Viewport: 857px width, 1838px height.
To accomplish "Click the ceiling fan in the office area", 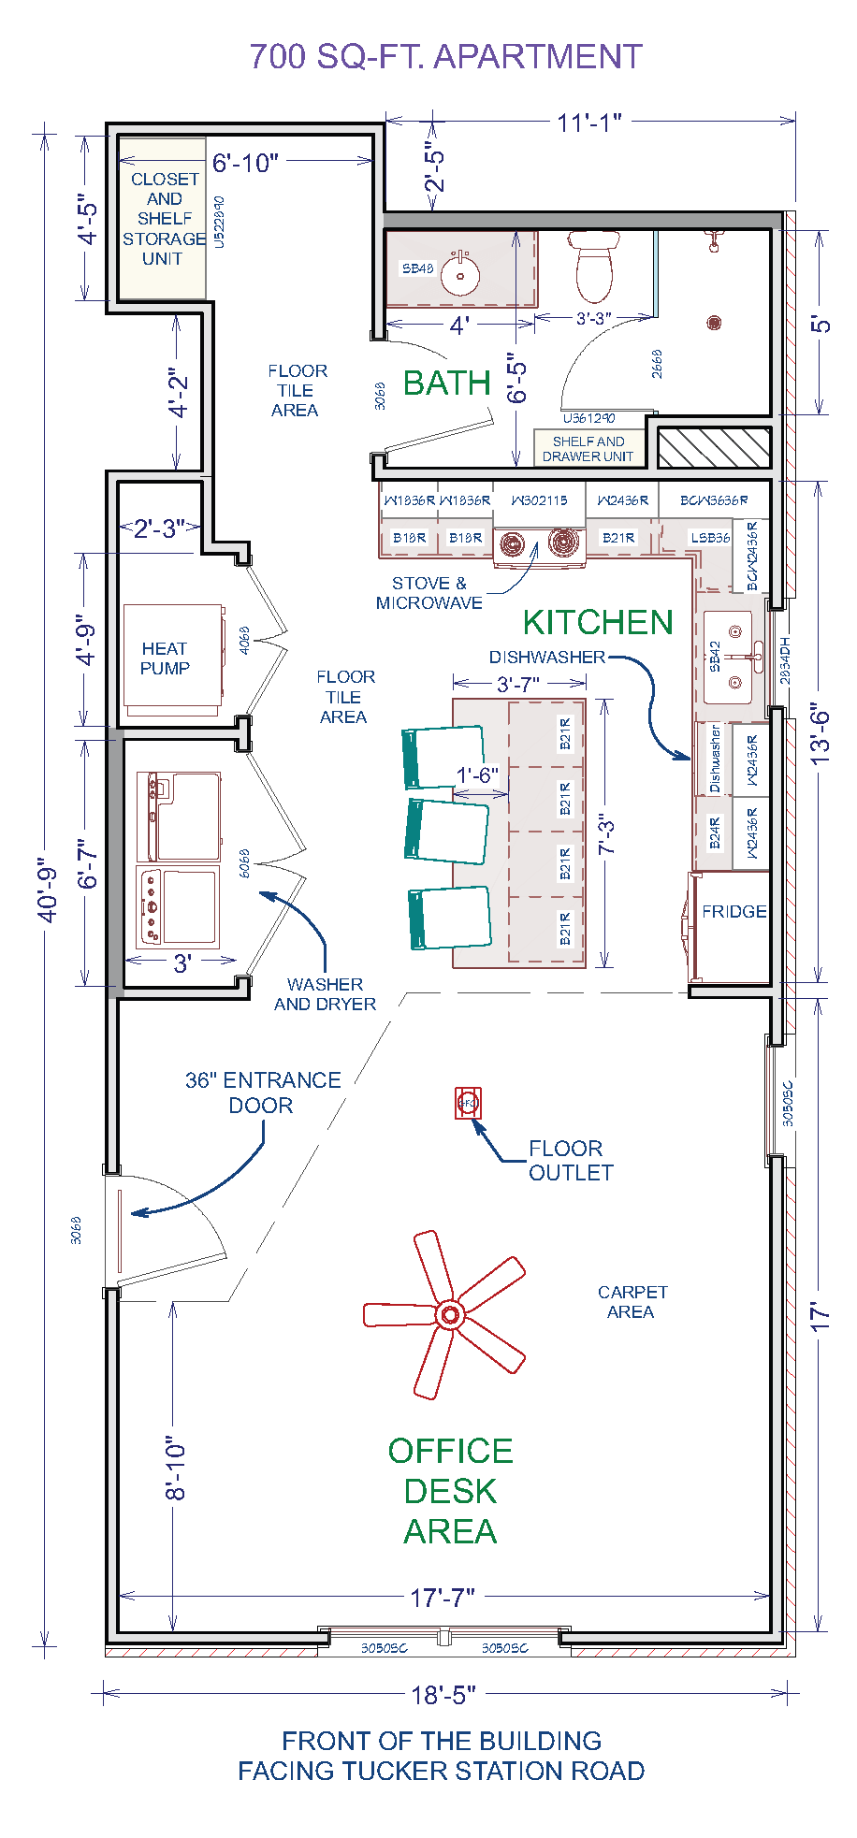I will (x=449, y=1314).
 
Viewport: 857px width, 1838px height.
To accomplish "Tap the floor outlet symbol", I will (x=468, y=1104).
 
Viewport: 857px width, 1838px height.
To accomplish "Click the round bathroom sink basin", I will (x=460, y=274).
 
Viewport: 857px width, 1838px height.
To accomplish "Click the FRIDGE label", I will (x=734, y=911).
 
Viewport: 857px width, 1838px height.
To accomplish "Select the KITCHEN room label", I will (x=598, y=622).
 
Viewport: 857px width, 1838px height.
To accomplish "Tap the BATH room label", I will (x=447, y=384).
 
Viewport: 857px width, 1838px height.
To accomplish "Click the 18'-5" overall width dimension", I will (x=443, y=1694).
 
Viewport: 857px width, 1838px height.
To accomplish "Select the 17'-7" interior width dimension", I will (x=443, y=1597).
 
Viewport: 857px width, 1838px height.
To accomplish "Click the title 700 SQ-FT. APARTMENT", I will (x=445, y=57).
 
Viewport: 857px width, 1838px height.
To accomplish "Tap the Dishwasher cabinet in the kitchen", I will (x=715, y=759).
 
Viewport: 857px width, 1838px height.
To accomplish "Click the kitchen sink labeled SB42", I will (x=729, y=658).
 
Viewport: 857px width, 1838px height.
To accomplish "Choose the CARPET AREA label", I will (x=632, y=1301).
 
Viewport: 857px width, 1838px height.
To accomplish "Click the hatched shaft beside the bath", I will (x=714, y=448).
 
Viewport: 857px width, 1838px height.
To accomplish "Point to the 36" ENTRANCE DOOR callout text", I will (x=262, y=1093).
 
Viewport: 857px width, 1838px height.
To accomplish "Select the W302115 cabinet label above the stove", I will (x=539, y=500).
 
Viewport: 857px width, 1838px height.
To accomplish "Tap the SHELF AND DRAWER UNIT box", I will (x=588, y=448).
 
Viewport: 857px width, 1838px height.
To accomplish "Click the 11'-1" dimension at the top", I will (x=589, y=123).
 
